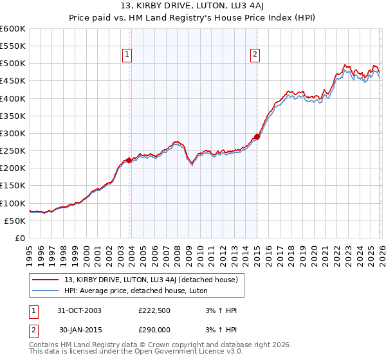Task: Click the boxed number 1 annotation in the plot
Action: coord(127,55)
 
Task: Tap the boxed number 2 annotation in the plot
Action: coord(255,55)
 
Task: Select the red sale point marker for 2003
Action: coord(129,161)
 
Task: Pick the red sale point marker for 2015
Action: coord(257,136)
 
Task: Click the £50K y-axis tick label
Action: coord(15,221)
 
